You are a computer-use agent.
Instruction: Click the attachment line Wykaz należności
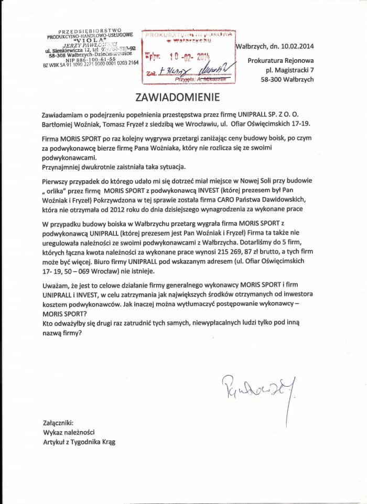[x=69, y=432]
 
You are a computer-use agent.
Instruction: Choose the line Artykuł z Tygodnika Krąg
[x=79, y=442]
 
